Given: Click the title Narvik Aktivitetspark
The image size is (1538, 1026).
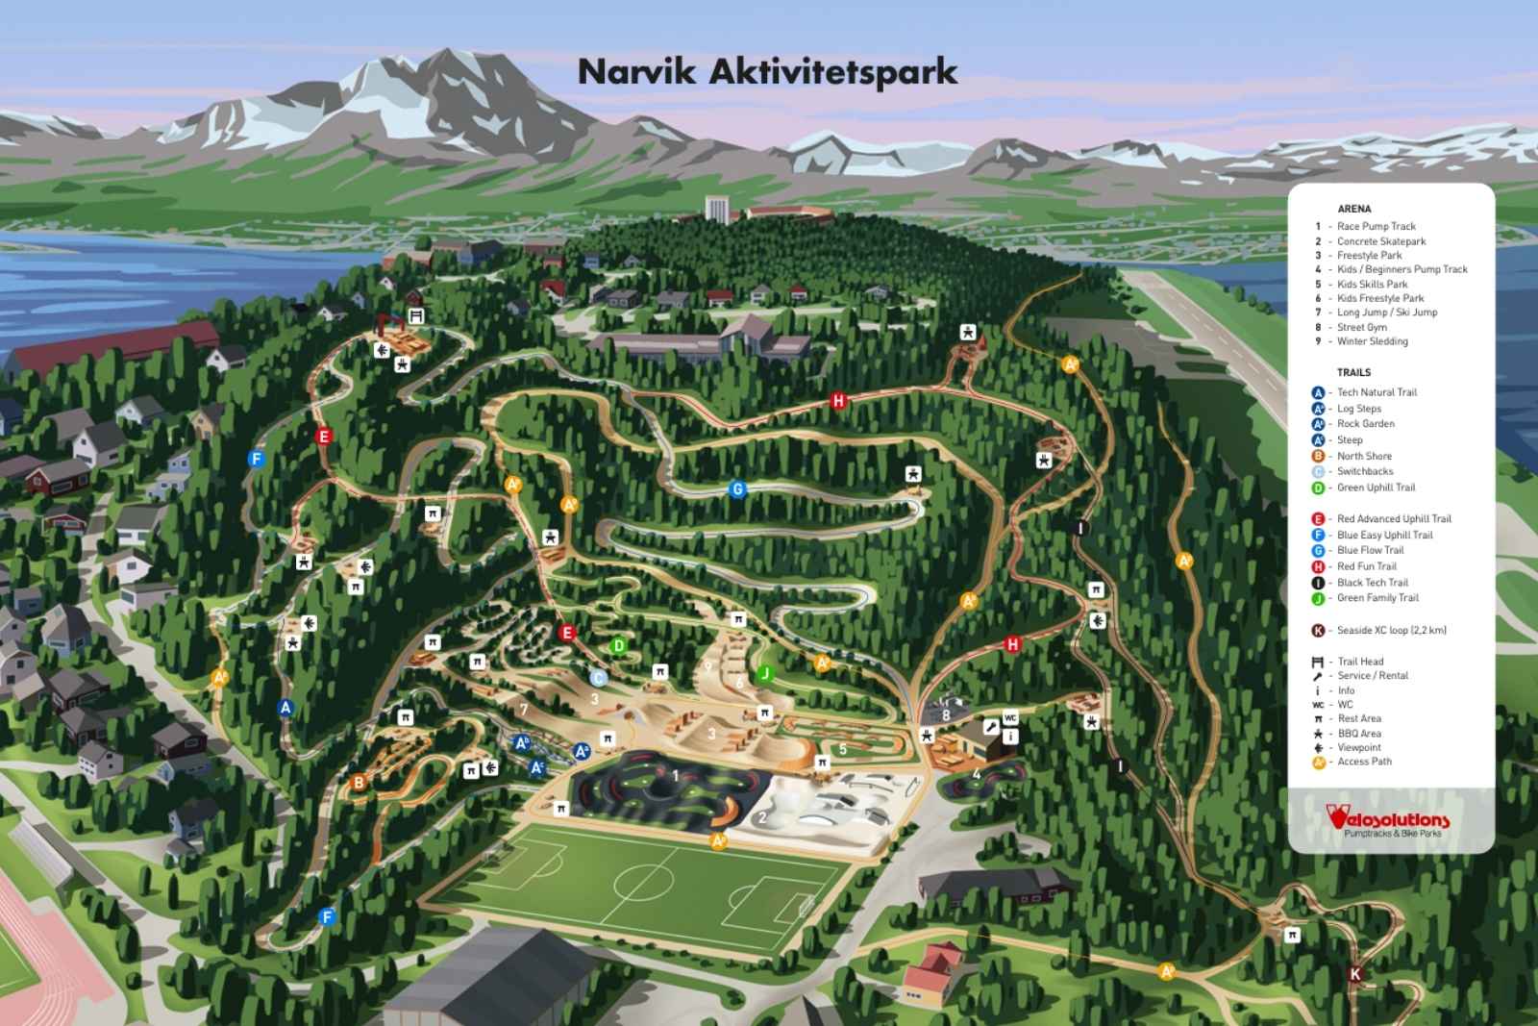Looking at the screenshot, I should click(767, 72).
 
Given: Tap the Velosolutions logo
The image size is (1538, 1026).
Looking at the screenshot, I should click(1388, 820).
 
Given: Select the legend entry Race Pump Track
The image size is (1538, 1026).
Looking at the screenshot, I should click(1376, 227).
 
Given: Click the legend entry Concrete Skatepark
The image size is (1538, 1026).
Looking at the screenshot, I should click(1380, 241).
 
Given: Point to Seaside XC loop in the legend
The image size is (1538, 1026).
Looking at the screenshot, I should click(1391, 631).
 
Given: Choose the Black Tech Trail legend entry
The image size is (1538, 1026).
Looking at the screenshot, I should click(1372, 583).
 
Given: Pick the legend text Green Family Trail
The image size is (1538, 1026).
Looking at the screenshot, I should click(1377, 598).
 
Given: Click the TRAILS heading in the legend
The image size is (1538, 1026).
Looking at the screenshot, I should click(1353, 372).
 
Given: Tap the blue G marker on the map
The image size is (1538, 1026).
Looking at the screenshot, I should click(737, 489).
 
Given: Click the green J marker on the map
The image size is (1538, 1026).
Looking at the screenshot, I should click(765, 673).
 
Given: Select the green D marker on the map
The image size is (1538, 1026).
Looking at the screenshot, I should click(619, 646).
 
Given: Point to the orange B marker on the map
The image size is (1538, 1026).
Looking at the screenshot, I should click(359, 783).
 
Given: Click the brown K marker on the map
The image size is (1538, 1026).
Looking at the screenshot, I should click(1355, 974).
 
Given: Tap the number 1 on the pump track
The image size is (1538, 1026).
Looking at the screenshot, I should click(676, 776).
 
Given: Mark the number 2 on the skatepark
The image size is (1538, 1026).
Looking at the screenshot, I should click(762, 818).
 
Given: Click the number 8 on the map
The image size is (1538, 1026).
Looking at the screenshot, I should click(946, 714).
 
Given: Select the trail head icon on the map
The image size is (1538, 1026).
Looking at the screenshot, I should click(416, 315).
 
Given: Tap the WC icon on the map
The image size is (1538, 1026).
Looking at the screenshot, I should click(1009, 718).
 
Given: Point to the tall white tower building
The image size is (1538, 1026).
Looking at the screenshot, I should click(716, 208).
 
